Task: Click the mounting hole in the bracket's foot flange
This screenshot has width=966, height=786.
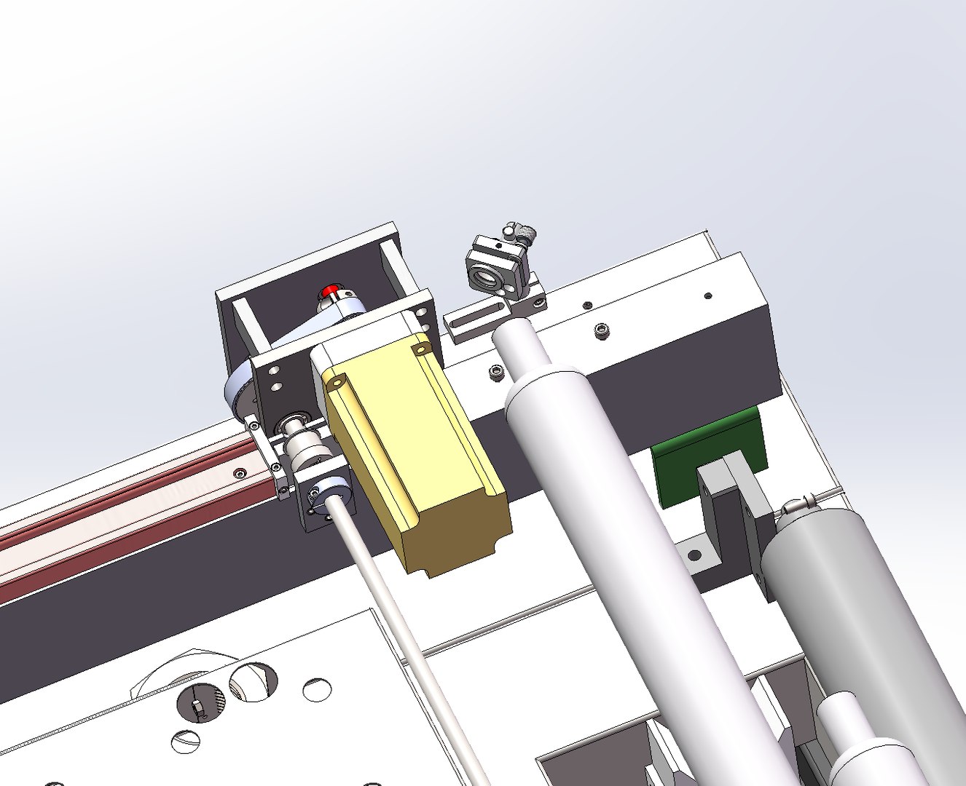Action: click(x=695, y=555)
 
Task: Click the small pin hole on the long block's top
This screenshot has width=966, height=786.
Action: click(x=707, y=295)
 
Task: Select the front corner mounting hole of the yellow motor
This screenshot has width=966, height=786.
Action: click(x=337, y=381)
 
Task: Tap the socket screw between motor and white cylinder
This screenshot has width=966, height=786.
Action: click(x=498, y=373)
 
